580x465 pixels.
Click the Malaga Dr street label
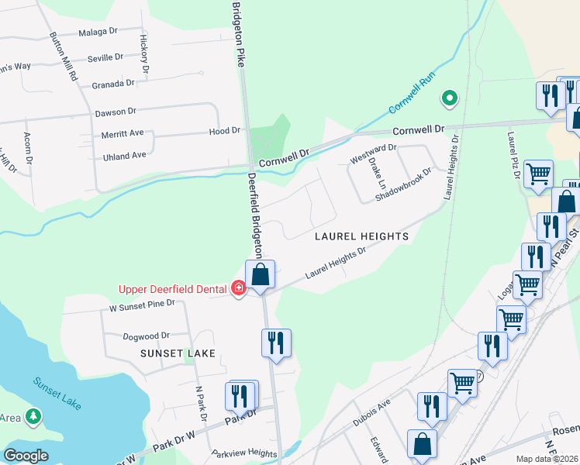click(x=98, y=34)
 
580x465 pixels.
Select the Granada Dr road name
click(x=113, y=84)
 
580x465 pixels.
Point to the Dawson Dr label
click(x=116, y=112)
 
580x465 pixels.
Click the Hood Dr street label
click(x=225, y=132)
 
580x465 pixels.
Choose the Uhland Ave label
click(x=125, y=156)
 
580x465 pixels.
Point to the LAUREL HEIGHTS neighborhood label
click(x=361, y=236)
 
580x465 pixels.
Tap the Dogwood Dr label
click(x=146, y=336)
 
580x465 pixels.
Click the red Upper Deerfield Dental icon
click(x=239, y=289)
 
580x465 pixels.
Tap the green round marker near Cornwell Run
click(x=448, y=98)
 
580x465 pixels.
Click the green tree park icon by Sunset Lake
click(x=33, y=417)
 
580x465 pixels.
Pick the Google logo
click(x=26, y=456)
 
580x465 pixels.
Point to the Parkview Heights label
click(x=244, y=453)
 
